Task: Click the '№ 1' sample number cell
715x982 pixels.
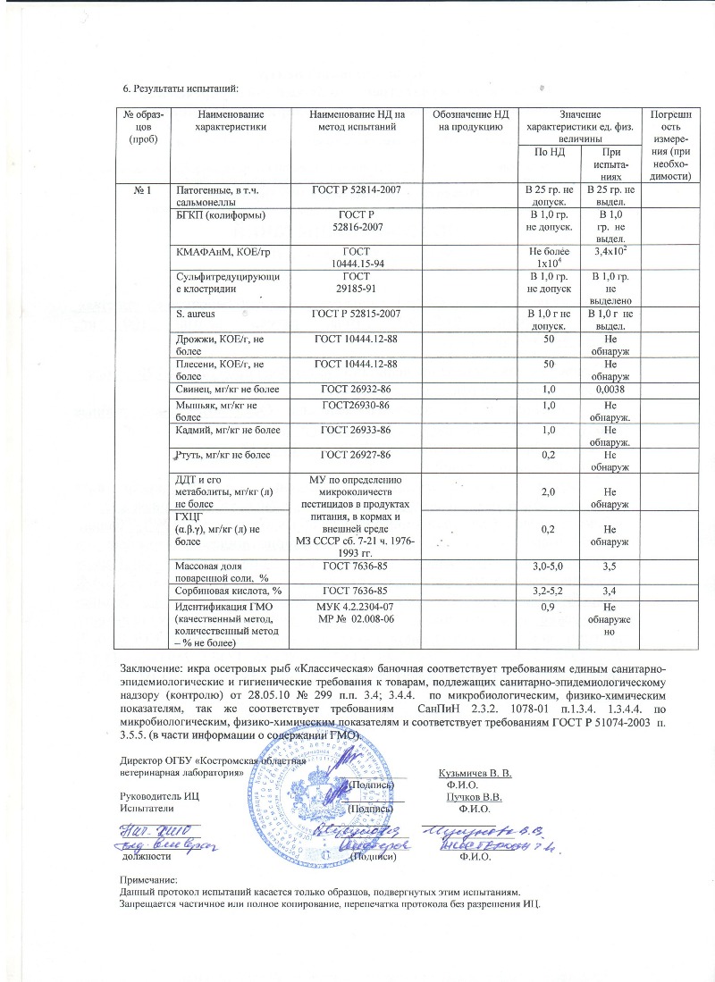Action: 145,189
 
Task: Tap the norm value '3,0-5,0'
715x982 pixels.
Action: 550,566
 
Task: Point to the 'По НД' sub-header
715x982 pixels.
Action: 550,154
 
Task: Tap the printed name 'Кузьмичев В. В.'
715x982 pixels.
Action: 475,771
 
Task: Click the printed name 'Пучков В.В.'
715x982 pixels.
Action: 474,795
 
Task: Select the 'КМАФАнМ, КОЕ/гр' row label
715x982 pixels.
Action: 218,254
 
